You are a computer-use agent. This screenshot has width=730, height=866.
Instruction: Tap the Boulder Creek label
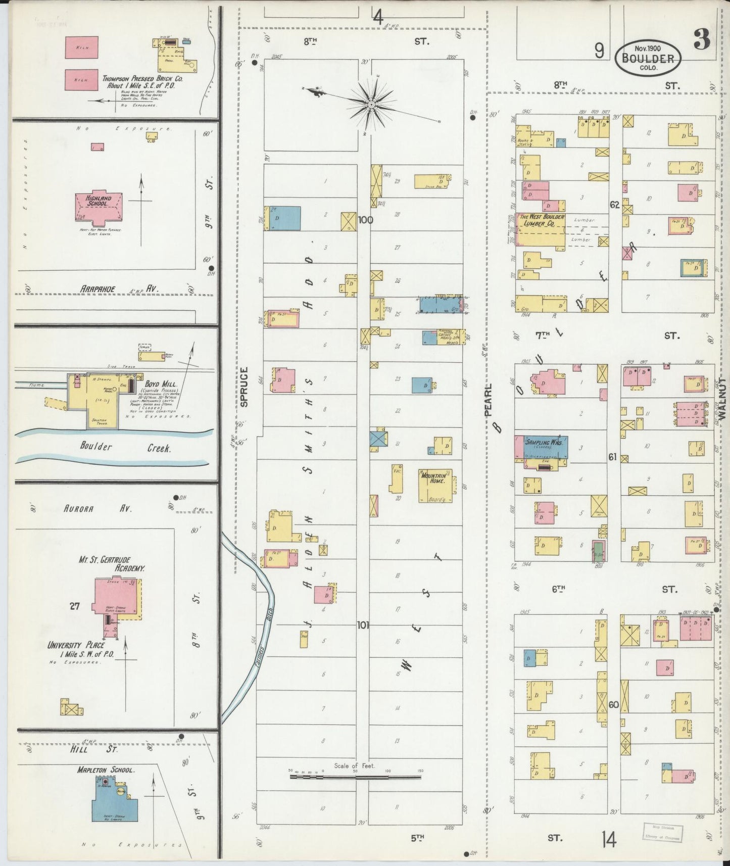[x=123, y=447]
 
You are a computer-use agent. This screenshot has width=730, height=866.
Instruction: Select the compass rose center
[x=371, y=105]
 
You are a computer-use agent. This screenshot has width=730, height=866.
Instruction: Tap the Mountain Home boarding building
[x=434, y=486]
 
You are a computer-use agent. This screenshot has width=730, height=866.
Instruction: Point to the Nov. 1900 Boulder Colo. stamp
[x=648, y=58]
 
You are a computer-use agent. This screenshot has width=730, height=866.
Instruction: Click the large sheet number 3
[x=702, y=39]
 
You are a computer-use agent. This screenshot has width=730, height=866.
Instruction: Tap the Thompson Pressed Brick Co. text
[x=142, y=82]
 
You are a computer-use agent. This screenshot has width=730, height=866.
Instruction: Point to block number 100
[x=365, y=220]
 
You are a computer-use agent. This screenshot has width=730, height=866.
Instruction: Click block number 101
[x=363, y=626]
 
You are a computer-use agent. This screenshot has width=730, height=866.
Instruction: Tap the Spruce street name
[x=245, y=387]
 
